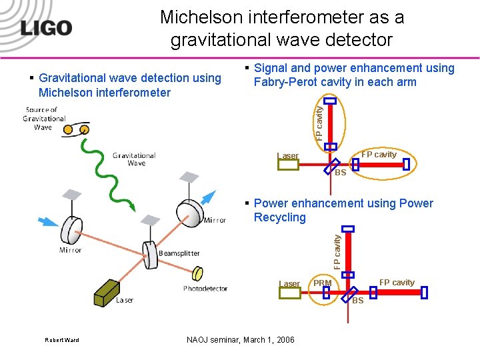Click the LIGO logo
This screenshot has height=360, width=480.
click(x=45, y=28)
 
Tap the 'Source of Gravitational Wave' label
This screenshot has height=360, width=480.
click(x=43, y=118)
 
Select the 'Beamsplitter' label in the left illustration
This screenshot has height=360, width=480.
click(x=179, y=253)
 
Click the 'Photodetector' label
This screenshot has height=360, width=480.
click(x=205, y=289)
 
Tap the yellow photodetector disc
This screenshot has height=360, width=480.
click(x=198, y=274)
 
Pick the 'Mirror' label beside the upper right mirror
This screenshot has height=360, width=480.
click(x=215, y=220)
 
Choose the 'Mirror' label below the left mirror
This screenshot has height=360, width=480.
click(x=70, y=250)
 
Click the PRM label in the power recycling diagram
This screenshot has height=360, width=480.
click(x=323, y=283)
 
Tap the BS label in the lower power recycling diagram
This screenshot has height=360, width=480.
click(x=357, y=301)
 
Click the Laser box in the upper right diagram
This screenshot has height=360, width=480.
click(x=288, y=164)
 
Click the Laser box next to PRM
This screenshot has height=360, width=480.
click(x=289, y=292)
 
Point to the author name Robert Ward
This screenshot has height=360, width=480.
click(x=61, y=340)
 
